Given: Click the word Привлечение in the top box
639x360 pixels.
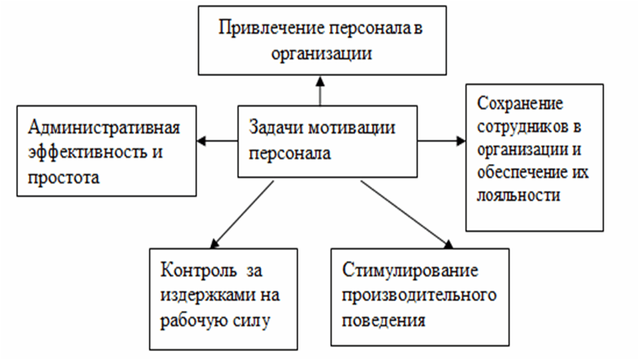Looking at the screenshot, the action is pyautogui.click(x=272, y=29).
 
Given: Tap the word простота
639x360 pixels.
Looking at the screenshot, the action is pyautogui.click(x=64, y=178).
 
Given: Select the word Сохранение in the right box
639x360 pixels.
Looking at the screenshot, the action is pyautogui.click(x=520, y=104).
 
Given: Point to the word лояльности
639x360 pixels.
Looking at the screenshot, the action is pyautogui.click(x=519, y=195).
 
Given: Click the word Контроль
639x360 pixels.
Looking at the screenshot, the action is pyautogui.click(x=199, y=270).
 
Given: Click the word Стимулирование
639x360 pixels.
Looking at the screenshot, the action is pyautogui.click(x=410, y=270).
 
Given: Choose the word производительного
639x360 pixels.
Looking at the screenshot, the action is pyautogui.click(x=420, y=295).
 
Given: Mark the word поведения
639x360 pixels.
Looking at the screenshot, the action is pyautogui.click(x=384, y=320).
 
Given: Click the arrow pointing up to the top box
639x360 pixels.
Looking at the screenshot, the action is pyautogui.click(x=321, y=91).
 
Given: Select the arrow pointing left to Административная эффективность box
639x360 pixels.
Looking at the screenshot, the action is pyautogui.click(x=217, y=141).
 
